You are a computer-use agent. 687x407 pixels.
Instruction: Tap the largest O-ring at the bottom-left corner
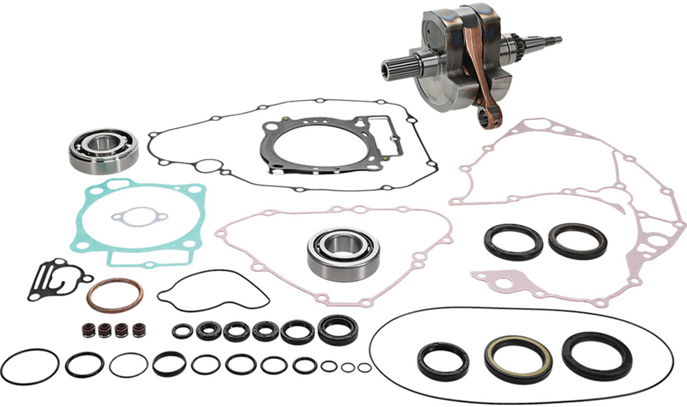(27, 366)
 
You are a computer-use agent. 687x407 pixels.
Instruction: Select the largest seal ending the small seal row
(337, 329)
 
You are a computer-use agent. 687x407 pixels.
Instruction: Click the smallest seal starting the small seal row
(181, 331)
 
